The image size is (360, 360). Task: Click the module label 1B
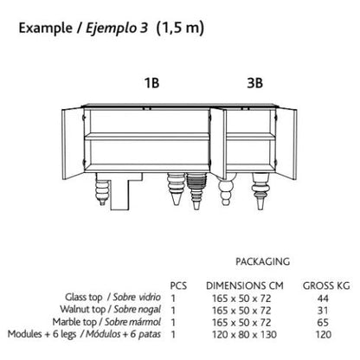coord(151,83)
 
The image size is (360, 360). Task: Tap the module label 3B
coord(255,83)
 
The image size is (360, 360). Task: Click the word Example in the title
coord(46,29)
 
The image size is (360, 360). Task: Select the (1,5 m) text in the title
coord(180,29)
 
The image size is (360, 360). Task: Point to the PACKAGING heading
coord(263,261)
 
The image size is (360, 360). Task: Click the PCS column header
coord(178,286)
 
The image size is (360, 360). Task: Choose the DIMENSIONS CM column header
coord(245,286)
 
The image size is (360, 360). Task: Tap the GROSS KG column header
coord(326,286)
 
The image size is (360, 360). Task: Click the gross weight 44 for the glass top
coord(323,299)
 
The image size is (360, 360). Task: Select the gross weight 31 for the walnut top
coord(323,311)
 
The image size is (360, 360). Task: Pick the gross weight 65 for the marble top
coord(323,323)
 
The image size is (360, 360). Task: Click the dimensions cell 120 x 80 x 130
coord(244,335)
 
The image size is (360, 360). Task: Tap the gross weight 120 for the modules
coord(323,335)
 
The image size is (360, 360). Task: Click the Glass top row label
coord(84,297)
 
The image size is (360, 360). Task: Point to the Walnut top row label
coord(83,309)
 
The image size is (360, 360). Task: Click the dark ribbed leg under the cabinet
coord(196,190)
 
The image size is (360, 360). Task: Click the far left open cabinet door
coord(73,143)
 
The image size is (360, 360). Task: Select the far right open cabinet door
coord(286,144)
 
